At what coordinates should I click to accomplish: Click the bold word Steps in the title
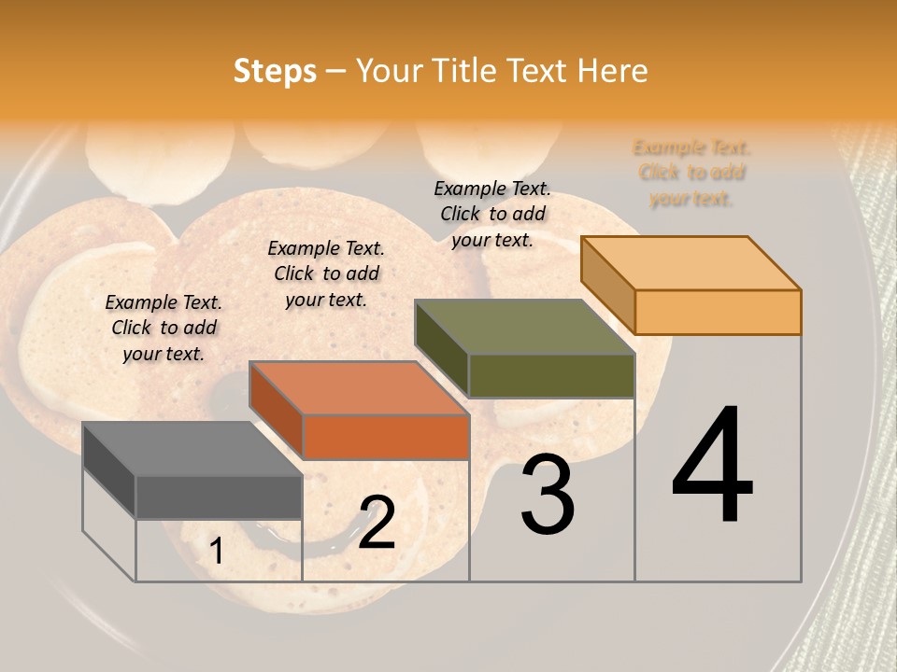click(275, 71)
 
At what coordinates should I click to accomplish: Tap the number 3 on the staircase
click(548, 495)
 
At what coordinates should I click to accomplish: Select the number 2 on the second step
click(377, 523)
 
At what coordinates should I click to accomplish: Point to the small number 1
click(216, 552)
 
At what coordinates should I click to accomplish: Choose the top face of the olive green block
click(524, 327)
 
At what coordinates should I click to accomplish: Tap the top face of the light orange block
click(691, 263)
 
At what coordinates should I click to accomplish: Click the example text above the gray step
click(164, 328)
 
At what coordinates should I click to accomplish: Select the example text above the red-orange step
click(326, 273)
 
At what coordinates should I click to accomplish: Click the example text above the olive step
click(492, 214)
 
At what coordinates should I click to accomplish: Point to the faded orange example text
click(691, 173)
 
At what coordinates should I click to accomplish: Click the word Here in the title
click(613, 71)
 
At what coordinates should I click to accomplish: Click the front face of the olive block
click(551, 376)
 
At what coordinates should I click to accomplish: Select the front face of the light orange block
click(718, 312)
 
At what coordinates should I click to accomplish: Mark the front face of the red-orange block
click(386, 437)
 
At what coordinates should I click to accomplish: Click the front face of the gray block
click(219, 497)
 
